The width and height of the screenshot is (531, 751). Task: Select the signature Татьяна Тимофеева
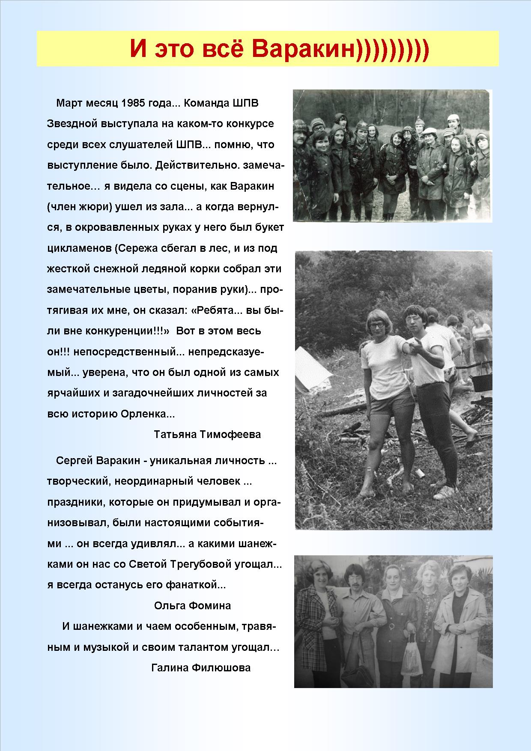[x=207, y=435]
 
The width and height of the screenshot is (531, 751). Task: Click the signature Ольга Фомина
[x=192, y=605]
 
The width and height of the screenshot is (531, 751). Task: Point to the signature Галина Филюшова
[x=201, y=668]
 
